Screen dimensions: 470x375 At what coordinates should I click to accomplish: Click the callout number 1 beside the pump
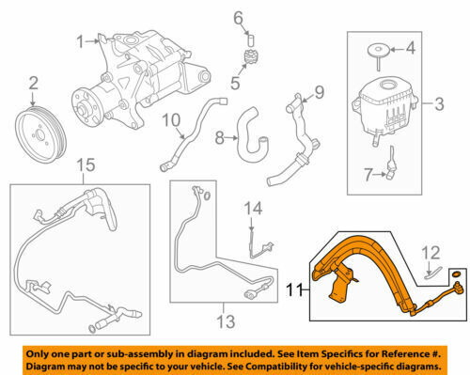[81, 41]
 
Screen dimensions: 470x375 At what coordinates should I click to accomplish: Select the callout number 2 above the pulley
[33, 84]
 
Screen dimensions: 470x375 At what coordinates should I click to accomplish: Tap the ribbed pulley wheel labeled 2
[40, 135]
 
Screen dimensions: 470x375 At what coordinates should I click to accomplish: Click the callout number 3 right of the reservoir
[439, 104]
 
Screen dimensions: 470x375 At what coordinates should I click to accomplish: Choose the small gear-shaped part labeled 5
[249, 58]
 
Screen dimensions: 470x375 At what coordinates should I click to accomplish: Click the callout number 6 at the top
[239, 19]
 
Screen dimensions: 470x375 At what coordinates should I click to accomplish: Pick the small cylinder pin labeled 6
[251, 41]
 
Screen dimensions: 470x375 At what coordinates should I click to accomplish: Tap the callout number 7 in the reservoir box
[368, 175]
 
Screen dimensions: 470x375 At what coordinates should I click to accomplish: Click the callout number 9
[319, 92]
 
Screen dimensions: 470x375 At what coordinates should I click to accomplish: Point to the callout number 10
[172, 120]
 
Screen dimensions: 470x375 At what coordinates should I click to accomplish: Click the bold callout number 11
[294, 289]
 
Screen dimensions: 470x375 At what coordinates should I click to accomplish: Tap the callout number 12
[431, 253]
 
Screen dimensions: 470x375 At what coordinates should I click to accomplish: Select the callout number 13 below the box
[226, 321]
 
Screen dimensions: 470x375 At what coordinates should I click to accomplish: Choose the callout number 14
[253, 209]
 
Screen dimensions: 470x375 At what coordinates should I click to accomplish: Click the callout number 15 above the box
[86, 165]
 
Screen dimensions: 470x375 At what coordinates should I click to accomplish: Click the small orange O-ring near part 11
[457, 275]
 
